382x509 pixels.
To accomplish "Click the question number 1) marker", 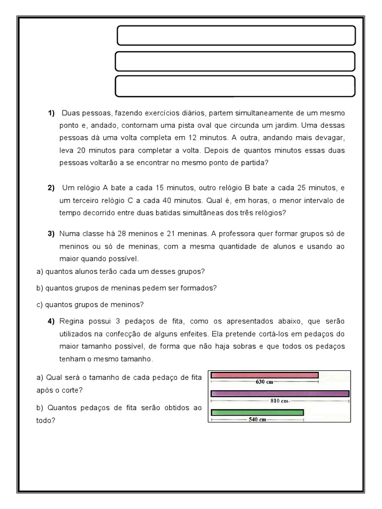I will [51, 114].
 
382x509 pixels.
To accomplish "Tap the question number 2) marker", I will [51, 188].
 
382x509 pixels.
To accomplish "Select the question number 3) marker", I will [51, 233].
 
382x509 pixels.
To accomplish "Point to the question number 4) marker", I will [51, 321].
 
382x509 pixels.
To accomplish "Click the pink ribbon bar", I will [265, 375].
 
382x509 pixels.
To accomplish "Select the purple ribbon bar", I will [280, 394].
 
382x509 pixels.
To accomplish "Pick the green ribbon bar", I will [257, 412].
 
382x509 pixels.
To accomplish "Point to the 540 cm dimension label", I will [257, 420].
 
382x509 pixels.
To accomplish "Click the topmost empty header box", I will [236, 36].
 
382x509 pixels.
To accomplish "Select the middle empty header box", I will [235, 61].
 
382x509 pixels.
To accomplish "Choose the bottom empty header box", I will [235, 85].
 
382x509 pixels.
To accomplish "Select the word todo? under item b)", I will [45, 420].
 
